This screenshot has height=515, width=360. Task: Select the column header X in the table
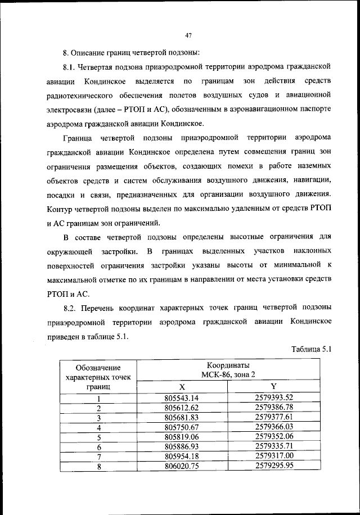pyautogui.click(x=182, y=387)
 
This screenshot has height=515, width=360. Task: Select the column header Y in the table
pyautogui.click(x=273, y=387)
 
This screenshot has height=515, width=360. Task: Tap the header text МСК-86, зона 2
pyautogui.click(x=227, y=374)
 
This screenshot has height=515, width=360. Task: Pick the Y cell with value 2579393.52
pyautogui.click(x=274, y=398)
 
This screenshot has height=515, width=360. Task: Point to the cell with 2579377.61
pyautogui.click(x=274, y=417)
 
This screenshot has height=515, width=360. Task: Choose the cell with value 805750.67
pyautogui.click(x=182, y=427)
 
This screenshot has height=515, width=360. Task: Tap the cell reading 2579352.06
pyautogui.click(x=274, y=436)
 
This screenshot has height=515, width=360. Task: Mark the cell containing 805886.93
pyautogui.click(x=182, y=446)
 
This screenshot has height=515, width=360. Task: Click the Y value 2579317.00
pyautogui.click(x=274, y=455)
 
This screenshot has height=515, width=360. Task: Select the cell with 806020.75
pyautogui.click(x=182, y=465)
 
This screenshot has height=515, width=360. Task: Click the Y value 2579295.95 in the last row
pyautogui.click(x=274, y=465)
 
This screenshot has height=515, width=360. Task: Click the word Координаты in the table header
pyautogui.click(x=227, y=364)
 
